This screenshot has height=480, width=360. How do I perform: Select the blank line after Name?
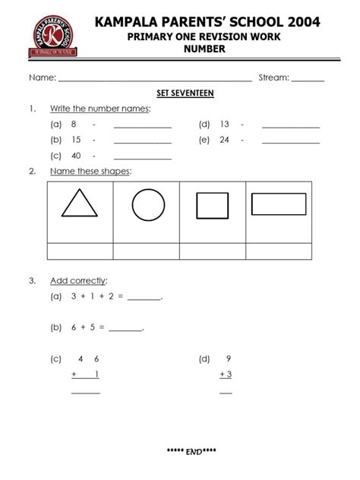pos(155,80)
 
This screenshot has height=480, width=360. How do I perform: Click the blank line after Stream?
pos(308,80)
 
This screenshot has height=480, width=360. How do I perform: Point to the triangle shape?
pos(81,205)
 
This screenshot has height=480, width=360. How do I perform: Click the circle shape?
pos(148,205)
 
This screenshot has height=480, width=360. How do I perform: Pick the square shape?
pos(212,205)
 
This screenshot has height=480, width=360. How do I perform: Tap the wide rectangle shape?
pos(278,205)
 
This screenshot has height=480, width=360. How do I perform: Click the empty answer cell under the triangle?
pos(80,251)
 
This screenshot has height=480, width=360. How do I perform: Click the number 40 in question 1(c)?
pos(76,156)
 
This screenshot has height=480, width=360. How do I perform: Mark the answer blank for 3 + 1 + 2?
pos(144,299)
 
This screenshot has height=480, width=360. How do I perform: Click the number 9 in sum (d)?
pos(228,358)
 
